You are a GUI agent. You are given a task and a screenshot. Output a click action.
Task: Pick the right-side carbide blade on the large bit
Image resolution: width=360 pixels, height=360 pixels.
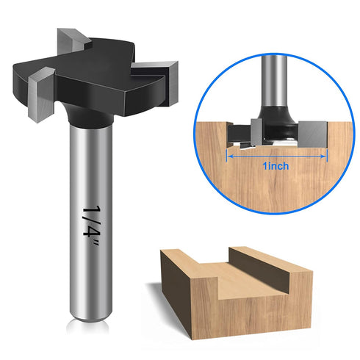174,79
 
